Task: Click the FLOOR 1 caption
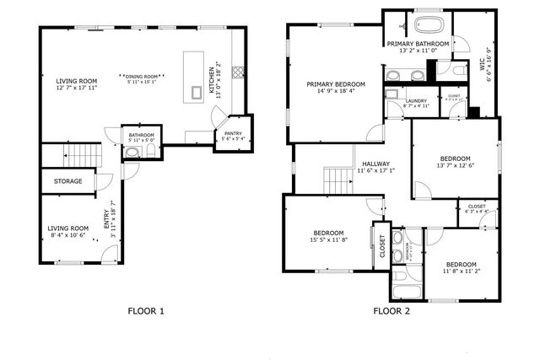(145, 311)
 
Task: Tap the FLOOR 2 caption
(391, 311)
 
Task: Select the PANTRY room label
(230, 133)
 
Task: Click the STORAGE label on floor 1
(67, 180)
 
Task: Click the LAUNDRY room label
(417, 101)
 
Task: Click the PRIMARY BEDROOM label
(336, 84)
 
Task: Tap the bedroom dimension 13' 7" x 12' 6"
(457, 167)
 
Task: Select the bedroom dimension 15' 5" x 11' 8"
(328, 241)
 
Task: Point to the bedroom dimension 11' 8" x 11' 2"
(461, 271)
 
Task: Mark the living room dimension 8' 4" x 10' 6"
(67, 236)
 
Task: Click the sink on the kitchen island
(197, 91)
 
